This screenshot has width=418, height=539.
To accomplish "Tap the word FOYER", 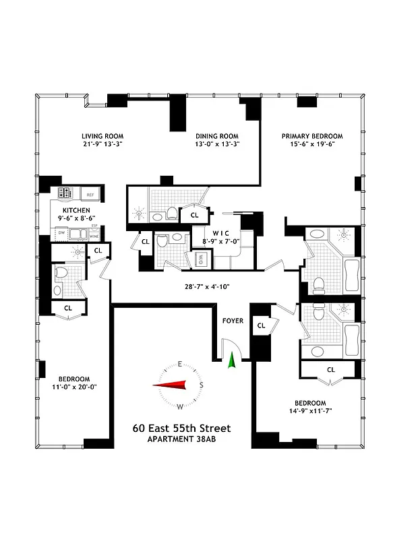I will [233, 321].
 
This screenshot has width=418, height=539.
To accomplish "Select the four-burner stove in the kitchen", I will [65, 194].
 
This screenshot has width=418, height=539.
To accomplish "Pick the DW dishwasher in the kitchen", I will [61, 233].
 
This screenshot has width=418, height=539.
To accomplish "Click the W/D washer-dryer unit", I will [200, 259].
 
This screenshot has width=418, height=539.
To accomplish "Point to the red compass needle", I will [169, 385].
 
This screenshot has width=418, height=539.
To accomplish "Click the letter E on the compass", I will [180, 364].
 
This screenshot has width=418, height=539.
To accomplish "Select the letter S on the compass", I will [200, 385].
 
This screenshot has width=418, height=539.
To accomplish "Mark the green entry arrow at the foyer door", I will [233, 361].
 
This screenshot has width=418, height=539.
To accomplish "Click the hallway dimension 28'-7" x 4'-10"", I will [207, 287].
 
